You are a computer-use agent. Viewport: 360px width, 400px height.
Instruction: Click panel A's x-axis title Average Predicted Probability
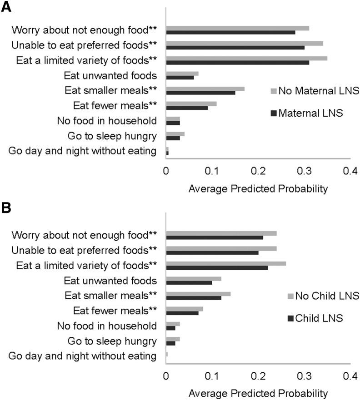tap(257, 189)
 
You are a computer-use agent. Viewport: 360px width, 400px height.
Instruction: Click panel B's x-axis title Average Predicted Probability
tap(257, 392)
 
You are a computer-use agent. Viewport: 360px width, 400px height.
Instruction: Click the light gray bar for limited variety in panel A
tap(246, 58)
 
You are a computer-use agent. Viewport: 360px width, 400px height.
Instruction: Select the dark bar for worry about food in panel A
tap(230, 32)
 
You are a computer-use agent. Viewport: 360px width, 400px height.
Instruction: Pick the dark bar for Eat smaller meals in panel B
tap(194, 297)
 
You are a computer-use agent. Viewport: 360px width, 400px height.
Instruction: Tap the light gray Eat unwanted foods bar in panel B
tap(194, 278)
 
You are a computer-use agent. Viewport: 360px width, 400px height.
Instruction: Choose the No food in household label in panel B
tap(107, 326)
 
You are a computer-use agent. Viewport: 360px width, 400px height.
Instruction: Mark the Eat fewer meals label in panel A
tap(115, 105)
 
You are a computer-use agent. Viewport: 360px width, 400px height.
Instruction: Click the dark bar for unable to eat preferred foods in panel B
tap(212, 252)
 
